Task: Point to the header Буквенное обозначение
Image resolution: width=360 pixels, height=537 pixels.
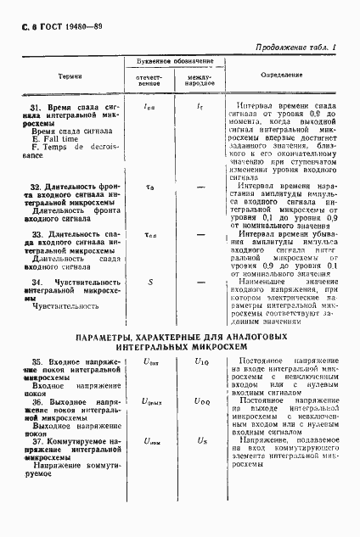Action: coord(175,62)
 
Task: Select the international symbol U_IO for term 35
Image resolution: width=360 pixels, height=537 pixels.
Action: coord(200,362)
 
